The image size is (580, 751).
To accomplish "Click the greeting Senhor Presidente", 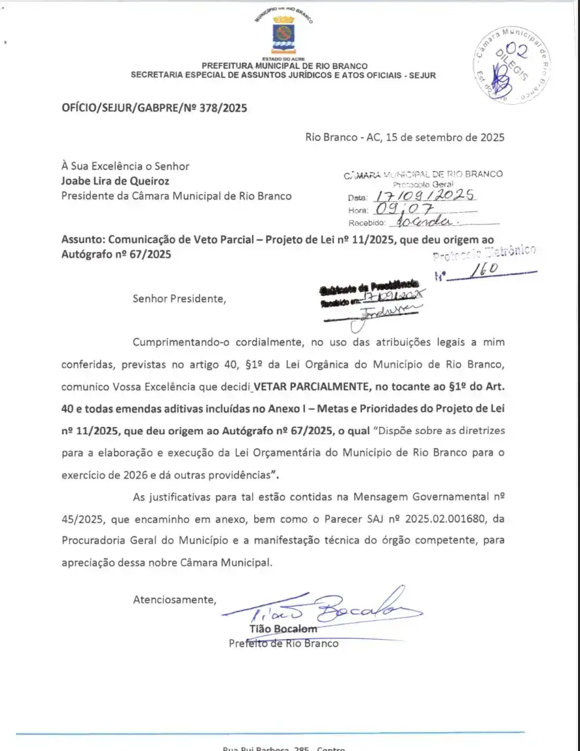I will tap(179, 299).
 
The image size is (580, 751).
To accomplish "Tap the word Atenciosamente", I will tap(174, 599).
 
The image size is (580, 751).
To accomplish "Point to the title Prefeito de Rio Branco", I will tap(283, 643).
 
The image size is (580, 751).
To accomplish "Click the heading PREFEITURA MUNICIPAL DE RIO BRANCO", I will tap(284, 66).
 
